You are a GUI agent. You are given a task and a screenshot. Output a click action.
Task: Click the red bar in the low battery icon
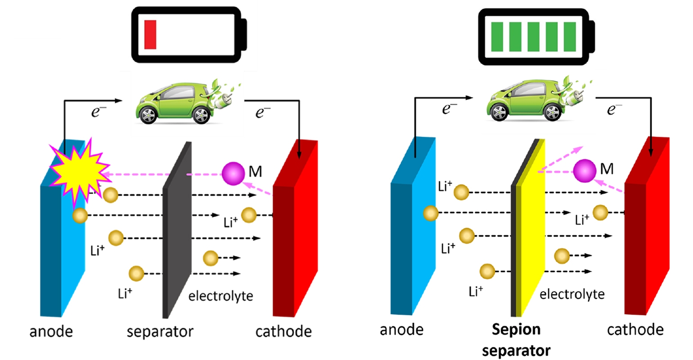[150, 35]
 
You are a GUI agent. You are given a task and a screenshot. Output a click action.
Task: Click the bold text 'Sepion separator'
[516, 340]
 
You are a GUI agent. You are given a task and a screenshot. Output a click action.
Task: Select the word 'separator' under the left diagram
[160, 332]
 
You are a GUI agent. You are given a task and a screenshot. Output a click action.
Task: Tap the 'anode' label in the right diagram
[401, 330]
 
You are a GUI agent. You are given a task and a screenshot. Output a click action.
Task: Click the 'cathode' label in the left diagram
[283, 332]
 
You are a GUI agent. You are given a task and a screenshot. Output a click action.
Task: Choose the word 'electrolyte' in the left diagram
[220, 296]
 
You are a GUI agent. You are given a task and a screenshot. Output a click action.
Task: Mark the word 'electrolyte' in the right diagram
[572, 294]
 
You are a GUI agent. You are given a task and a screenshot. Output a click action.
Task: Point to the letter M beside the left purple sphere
[255, 171]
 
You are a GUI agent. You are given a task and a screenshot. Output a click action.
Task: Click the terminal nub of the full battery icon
[591, 36]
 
